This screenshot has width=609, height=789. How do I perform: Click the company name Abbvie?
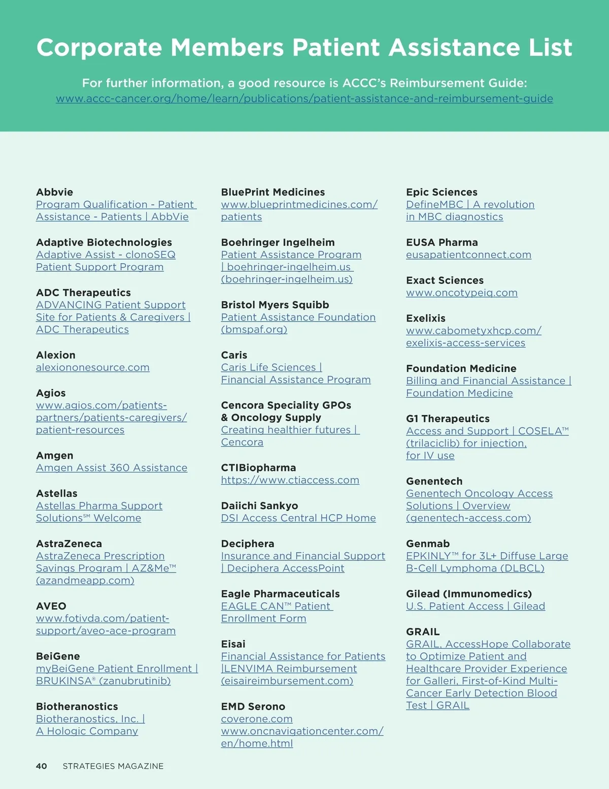click(54, 192)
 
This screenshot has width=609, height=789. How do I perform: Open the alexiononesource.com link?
click(92, 367)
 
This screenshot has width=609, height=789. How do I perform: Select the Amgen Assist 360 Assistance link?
click(112, 467)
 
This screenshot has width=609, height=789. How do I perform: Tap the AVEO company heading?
click(51, 606)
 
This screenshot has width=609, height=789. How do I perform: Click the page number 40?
click(42, 766)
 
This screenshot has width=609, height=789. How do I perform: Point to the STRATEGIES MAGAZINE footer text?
click(113, 766)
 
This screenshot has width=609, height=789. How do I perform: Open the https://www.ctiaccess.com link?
click(290, 480)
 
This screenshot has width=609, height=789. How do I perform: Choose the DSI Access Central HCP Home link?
click(298, 518)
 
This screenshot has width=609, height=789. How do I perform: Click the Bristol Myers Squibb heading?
click(275, 305)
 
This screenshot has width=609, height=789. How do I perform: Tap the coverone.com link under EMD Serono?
click(257, 719)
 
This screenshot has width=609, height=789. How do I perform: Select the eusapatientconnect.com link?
click(468, 255)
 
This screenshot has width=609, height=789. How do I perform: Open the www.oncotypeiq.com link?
click(462, 293)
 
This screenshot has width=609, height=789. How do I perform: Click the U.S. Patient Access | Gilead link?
click(476, 606)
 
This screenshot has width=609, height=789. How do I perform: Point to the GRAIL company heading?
click(423, 632)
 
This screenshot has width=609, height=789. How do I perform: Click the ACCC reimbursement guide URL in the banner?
click(304, 99)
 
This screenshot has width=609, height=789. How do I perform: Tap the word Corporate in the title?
click(99, 47)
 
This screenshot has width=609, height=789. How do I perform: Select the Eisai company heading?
click(233, 644)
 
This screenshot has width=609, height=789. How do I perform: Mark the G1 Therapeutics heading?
click(448, 419)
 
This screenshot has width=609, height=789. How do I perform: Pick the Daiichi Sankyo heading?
click(259, 506)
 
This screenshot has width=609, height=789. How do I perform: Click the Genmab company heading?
click(428, 544)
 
